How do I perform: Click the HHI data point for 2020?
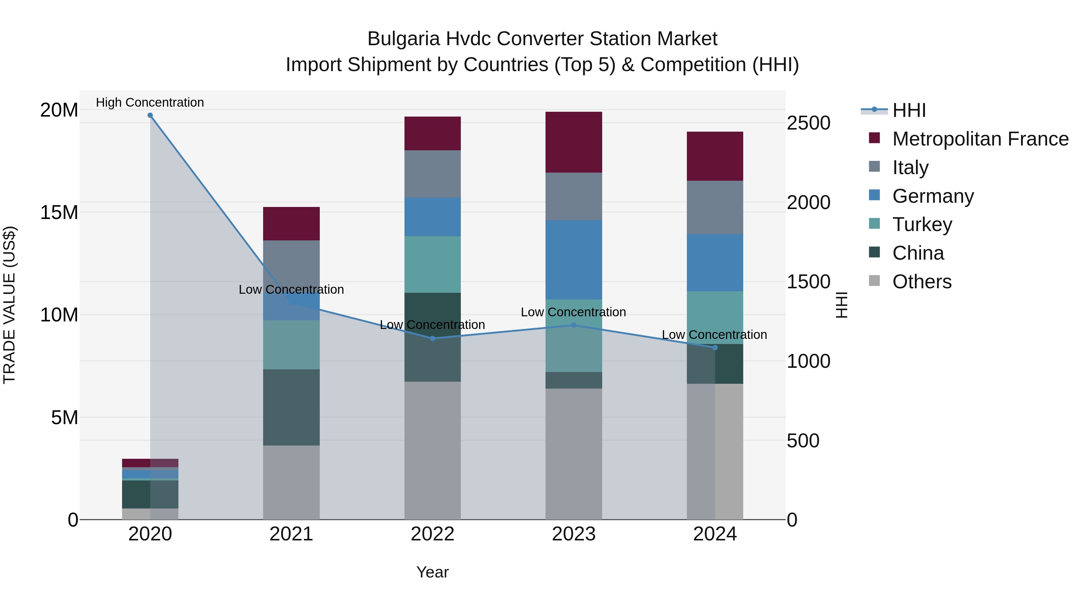[x=150, y=115]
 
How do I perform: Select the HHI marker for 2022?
[x=432, y=339]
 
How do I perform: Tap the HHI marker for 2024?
[x=715, y=348]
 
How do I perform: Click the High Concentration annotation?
[x=150, y=102]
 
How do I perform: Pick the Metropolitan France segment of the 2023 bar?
[x=574, y=142]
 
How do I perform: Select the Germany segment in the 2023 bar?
[x=574, y=260]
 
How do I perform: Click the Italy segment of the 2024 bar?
[x=715, y=208]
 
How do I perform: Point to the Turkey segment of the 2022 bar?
[x=432, y=264]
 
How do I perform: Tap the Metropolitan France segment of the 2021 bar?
[x=291, y=224]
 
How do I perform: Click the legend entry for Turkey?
[x=922, y=224]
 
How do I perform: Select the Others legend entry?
[x=922, y=282]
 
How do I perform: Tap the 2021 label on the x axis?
[x=291, y=534]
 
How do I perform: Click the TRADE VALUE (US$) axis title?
[x=9, y=305]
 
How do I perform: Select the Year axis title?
[x=432, y=572]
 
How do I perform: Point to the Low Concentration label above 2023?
[x=573, y=312]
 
